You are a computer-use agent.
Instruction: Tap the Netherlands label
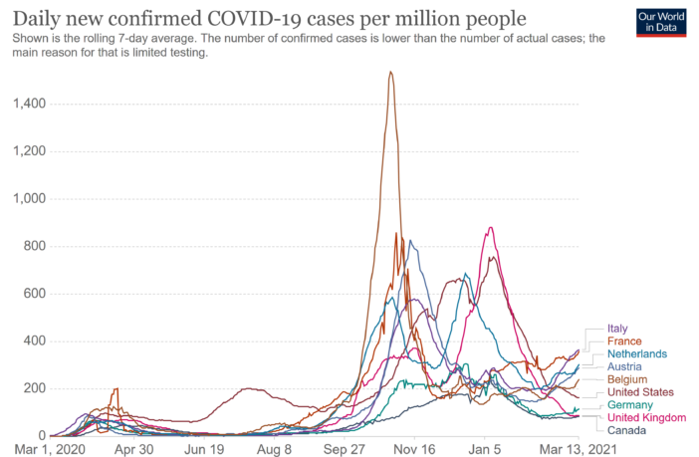click(637, 353)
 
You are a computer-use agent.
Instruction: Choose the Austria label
click(625, 366)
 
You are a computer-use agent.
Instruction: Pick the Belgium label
click(627, 379)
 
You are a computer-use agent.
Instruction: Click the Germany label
click(630, 405)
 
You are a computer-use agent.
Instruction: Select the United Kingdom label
click(646, 418)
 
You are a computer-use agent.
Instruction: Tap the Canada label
click(626, 431)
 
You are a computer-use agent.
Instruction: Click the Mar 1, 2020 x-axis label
click(40, 449)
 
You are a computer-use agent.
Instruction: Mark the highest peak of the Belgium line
click(390, 72)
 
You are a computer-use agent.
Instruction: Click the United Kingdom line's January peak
click(489, 228)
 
